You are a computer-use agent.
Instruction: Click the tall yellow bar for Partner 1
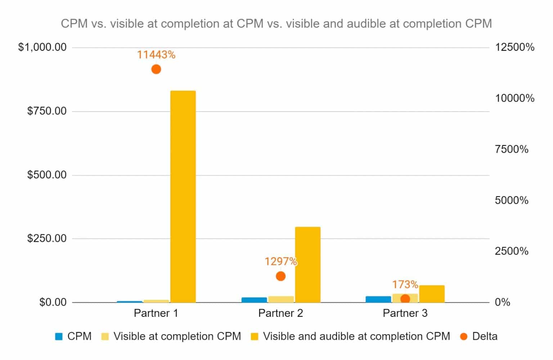coord(183,196)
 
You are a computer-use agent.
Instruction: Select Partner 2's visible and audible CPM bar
coord(307,264)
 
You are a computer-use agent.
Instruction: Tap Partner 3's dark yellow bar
coord(432,294)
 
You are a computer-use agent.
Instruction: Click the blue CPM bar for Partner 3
coord(378,299)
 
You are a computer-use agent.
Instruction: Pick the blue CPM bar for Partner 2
coord(254,300)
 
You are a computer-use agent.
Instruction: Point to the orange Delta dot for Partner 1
coord(156,69)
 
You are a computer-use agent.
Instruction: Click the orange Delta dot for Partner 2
coord(280,276)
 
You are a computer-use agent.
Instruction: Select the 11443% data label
coord(156,55)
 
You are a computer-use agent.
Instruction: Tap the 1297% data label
coord(280,261)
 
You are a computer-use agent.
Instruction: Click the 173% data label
coord(405,284)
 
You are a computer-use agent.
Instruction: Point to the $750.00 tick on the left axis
coord(47,111)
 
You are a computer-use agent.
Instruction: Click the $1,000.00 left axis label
coord(42,47)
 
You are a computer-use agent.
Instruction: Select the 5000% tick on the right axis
coord(512,200)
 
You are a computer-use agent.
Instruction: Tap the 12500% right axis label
coord(514,47)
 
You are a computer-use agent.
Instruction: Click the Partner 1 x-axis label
coord(156,313)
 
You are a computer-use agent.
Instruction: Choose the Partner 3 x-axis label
coord(405,313)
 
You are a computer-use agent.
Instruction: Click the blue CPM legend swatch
coord(59,337)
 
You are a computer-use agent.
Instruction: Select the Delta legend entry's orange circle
coord(464,337)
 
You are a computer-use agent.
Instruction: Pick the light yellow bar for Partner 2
coord(281,299)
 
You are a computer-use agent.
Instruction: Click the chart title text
coord(276,24)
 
